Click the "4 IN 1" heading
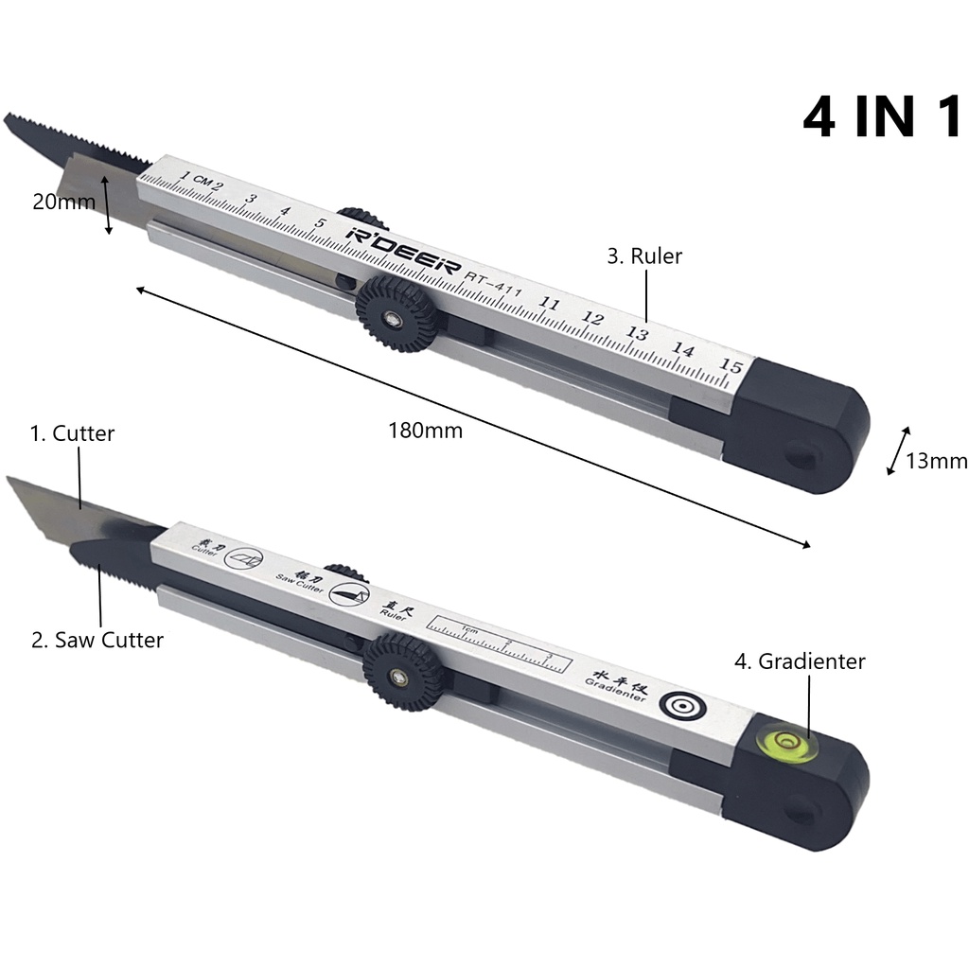pyautogui.click(x=882, y=118)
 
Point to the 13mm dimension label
pyautogui.click(x=936, y=461)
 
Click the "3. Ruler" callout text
pyautogui.click(x=644, y=255)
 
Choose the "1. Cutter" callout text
pyautogui.click(x=72, y=433)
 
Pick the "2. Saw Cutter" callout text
pyautogui.click(x=97, y=640)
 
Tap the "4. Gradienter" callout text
pyautogui.click(x=800, y=661)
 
